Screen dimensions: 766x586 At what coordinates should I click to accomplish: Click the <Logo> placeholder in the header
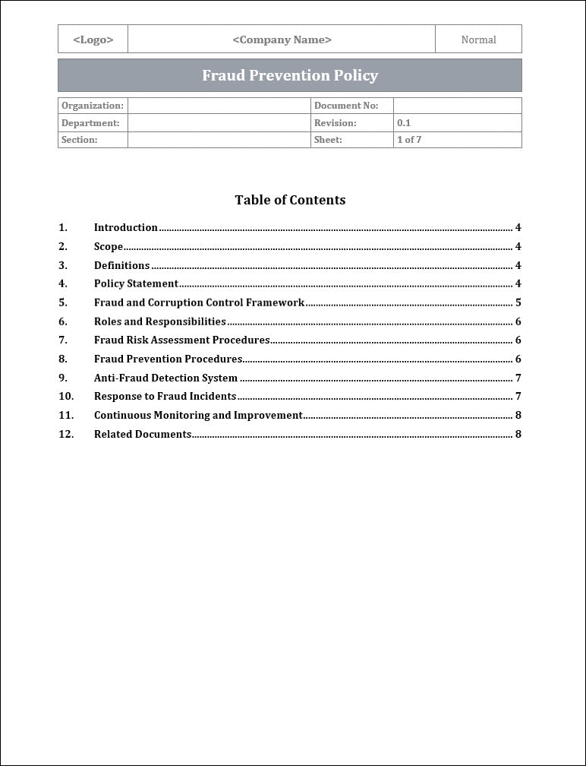93,40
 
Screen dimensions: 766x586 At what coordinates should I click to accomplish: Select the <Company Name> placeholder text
282,40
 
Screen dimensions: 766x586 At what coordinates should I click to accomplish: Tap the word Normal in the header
478,40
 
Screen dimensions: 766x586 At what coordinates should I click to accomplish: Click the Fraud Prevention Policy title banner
290,75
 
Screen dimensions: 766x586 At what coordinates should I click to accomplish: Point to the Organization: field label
92,106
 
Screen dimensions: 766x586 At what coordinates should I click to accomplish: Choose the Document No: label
345,106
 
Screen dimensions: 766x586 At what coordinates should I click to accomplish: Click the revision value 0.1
404,122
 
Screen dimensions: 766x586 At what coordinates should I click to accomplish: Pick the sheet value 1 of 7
409,140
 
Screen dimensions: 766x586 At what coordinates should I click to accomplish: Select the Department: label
90,122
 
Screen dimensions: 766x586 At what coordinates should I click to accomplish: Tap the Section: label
80,140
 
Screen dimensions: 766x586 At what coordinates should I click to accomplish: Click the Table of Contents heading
290,200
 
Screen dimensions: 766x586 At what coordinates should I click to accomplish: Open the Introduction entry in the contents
126,227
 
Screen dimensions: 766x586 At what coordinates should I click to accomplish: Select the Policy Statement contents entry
136,283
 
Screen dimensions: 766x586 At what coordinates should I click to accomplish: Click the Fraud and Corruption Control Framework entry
199,302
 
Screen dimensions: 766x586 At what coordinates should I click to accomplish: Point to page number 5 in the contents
518,302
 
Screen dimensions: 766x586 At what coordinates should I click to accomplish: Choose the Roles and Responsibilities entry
159,321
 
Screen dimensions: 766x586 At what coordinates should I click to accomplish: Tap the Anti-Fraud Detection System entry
165,378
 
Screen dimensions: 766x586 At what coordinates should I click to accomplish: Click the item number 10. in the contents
66,396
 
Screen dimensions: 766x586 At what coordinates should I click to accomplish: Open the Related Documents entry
142,434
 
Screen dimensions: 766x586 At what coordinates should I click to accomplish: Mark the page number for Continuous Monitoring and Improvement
518,415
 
